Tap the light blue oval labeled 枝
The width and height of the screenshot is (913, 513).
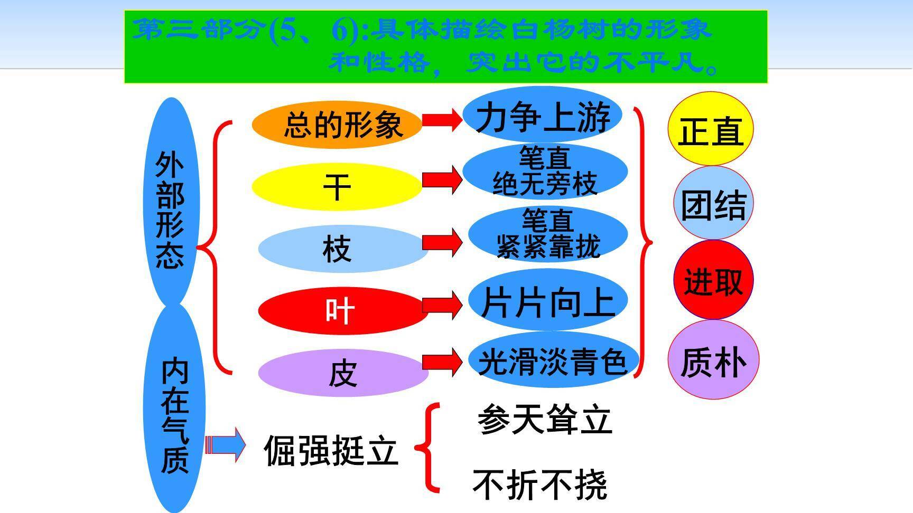342,249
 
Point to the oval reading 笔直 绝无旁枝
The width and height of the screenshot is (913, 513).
545,172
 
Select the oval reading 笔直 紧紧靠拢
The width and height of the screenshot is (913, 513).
548,234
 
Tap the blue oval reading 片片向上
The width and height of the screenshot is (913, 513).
548,301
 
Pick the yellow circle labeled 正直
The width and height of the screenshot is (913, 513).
710,129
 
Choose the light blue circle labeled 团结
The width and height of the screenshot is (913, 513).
713,204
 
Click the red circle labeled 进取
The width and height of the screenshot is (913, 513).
713,280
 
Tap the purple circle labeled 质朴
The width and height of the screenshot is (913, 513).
713,360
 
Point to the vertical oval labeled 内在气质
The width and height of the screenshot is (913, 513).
174,412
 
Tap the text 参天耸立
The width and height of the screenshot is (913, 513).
544,420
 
